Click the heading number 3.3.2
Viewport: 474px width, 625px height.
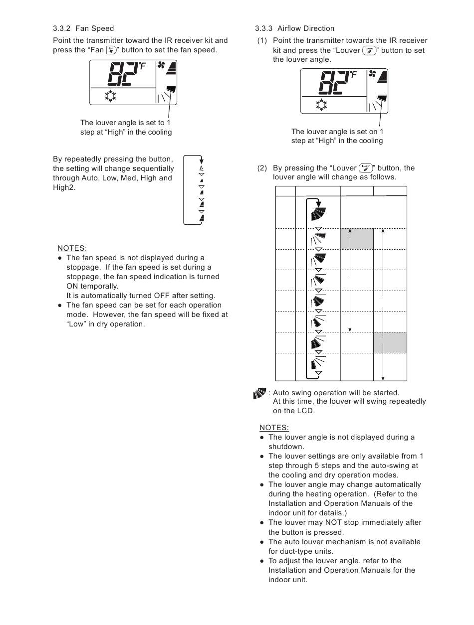(61, 28)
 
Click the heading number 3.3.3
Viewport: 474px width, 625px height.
(263, 28)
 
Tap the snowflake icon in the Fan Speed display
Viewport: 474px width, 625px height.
(110, 96)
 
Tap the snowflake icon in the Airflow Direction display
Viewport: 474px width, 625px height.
(321, 105)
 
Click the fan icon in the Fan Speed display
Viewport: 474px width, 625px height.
(161, 65)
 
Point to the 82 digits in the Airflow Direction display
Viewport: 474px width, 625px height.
(334, 83)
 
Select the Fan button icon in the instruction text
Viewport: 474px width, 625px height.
(111, 50)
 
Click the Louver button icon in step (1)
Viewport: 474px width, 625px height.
(369, 50)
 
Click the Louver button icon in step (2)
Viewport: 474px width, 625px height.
(366, 168)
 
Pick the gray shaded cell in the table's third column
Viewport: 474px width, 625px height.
(357, 239)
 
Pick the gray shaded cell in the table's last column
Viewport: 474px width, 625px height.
(390, 342)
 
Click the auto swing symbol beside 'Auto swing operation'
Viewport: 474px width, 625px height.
(259, 393)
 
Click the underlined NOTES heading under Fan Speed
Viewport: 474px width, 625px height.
(72, 248)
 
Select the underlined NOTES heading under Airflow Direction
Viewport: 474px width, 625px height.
(274, 428)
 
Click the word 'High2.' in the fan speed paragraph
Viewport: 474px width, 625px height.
(64, 187)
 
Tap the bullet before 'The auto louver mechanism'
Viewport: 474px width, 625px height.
(261, 542)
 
